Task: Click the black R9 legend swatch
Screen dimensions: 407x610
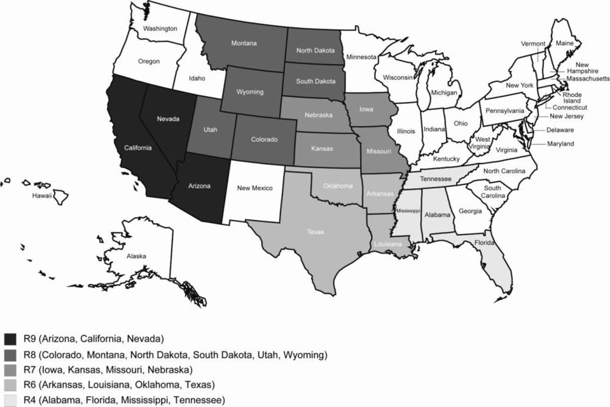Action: [x=10, y=339]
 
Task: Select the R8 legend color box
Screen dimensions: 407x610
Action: [x=10, y=354]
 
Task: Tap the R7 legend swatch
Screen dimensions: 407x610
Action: [x=10, y=370]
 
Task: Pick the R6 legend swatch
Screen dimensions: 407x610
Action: [x=10, y=385]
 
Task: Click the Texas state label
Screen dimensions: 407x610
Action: [x=315, y=232]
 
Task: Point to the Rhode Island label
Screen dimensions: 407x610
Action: [x=572, y=98]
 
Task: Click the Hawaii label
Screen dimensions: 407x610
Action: [x=43, y=196]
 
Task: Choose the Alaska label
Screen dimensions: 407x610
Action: [x=136, y=257]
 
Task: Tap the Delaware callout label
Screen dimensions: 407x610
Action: [x=559, y=130]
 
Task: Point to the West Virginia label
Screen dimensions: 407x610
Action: [x=483, y=143]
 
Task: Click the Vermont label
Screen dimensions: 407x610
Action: [x=533, y=43]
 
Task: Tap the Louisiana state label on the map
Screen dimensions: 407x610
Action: [x=388, y=243]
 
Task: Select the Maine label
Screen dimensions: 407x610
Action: [x=564, y=43]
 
